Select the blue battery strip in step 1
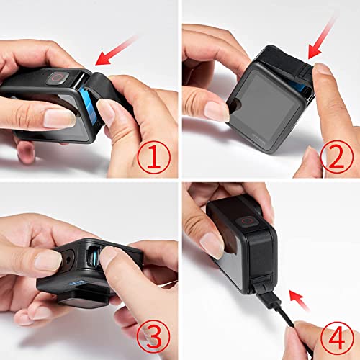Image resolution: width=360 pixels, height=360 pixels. [x=87, y=102]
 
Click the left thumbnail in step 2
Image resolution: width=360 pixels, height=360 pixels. [x=217, y=109]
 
